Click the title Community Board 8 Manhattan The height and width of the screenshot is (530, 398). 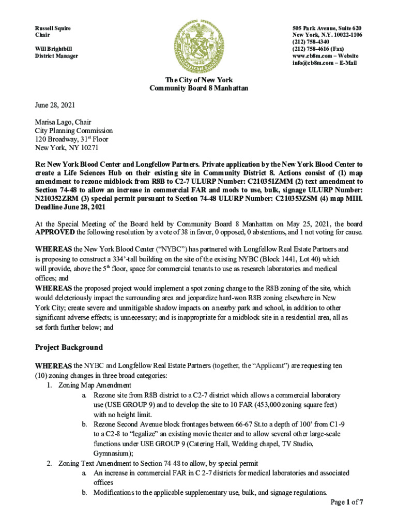198,89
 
